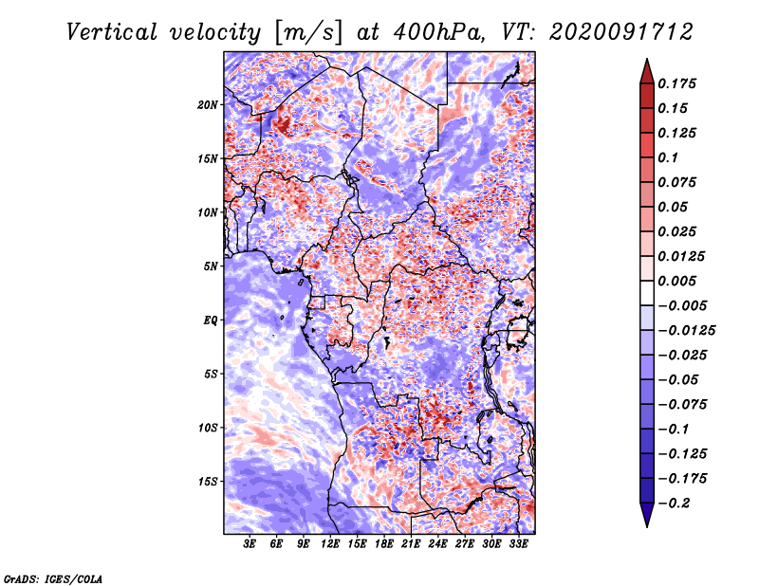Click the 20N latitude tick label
pyautogui.click(x=208, y=105)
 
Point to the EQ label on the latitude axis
pyautogui.click(x=210, y=320)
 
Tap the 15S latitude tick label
pyautogui.click(x=208, y=482)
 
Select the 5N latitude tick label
pyautogui.click(x=211, y=266)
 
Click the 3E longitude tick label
pyautogui.click(x=250, y=544)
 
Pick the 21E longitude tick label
pyautogui.click(x=411, y=544)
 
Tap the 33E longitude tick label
pyautogui.click(x=518, y=544)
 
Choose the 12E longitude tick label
pyautogui.click(x=330, y=544)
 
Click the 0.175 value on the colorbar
pyautogui.click(x=676, y=83)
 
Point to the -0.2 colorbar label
pyautogui.click(x=674, y=504)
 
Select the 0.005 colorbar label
pyautogui.click(x=676, y=281)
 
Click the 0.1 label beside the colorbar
pyautogui.click(x=668, y=157)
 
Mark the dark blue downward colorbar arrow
pyautogui.click(x=647, y=515)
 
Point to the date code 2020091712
pyautogui.click(x=621, y=32)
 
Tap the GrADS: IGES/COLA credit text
pyautogui.click(x=53, y=579)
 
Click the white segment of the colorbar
pyautogui.click(x=647, y=293)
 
